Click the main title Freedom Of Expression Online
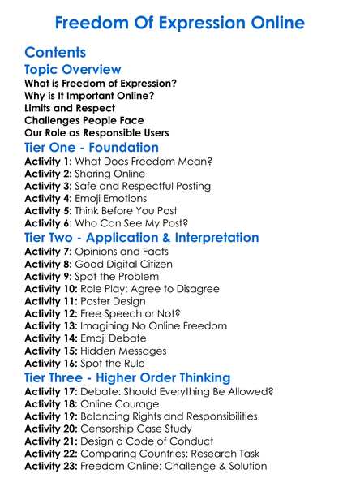(180, 21)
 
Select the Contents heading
(56, 53)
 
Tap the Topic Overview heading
(73, 70)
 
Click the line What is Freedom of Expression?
(101, 84)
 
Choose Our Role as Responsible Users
(96, 132)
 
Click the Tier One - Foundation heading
(92, 148)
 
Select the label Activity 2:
(48, 174)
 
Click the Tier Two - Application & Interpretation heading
(142, 238)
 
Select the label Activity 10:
(51, 288)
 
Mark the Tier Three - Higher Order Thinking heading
(127, 377)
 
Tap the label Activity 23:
(51, 466)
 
